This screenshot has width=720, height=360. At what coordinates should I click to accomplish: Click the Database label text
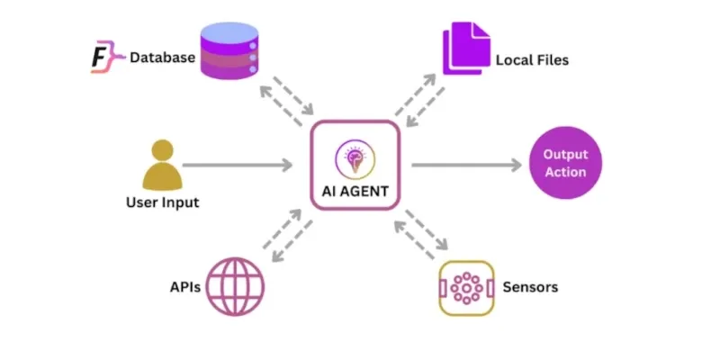tap(163, 58)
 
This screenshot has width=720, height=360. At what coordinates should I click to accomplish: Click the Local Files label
tap(532, 60)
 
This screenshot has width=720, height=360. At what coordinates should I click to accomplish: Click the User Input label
tap(162, 202)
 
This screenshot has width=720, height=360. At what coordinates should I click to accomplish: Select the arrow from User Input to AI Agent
tap(238, 165)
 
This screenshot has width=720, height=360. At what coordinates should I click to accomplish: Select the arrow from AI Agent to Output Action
tap(466, 165)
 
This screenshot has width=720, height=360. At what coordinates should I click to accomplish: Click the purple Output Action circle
tap(564, 163)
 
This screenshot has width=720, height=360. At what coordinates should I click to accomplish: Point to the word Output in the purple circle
tap(564, 155)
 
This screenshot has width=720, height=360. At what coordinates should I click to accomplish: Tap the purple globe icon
tap(235, 286)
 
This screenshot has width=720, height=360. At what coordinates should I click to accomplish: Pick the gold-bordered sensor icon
tap(467, 288)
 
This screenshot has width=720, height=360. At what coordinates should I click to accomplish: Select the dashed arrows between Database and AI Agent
tap(284, 98)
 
